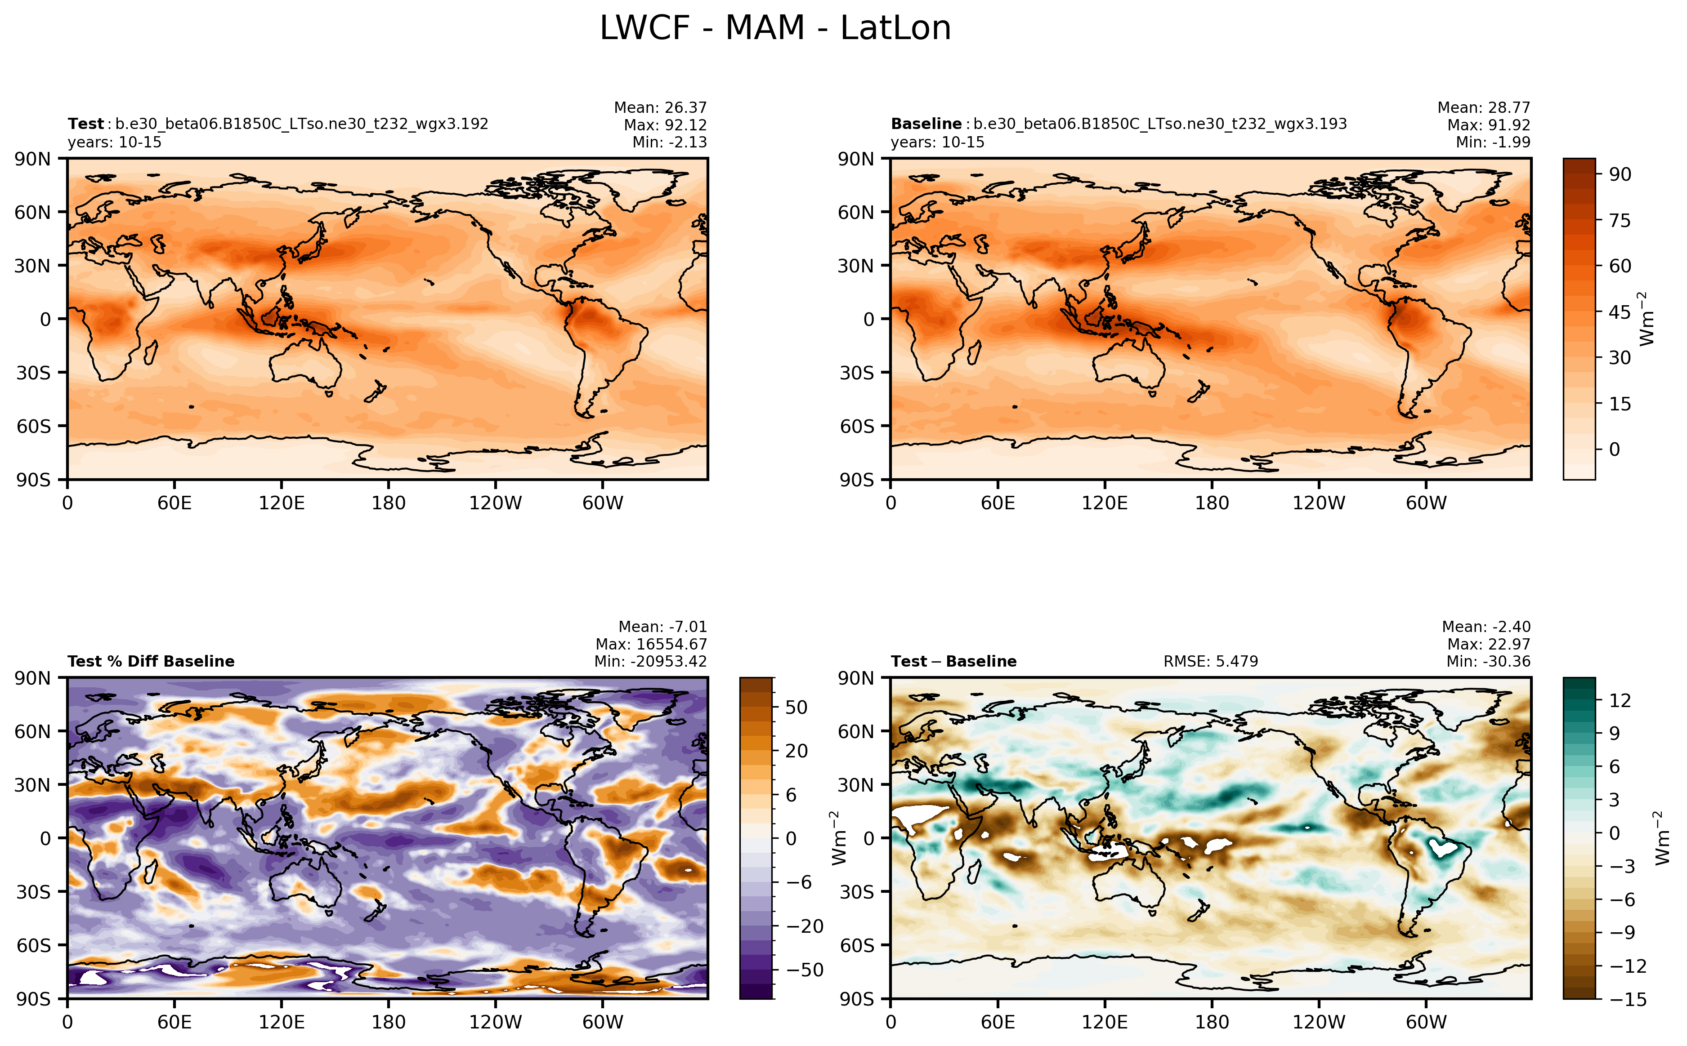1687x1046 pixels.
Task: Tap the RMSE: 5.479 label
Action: pyautogui.click(x=1210, y=661)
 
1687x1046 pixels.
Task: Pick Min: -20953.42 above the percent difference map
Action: pyautogui.click(x=650, y=661)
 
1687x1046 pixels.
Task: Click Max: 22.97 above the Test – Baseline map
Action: pyautogui.click(x=1488, y=644)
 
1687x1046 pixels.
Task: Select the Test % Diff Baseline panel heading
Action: pyautogui.click(x=151, y=661)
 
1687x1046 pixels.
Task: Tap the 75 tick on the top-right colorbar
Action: pyautogui.click(x=1619, y=221)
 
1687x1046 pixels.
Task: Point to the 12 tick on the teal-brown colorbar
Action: pyautogui.click(x=1619, y=701)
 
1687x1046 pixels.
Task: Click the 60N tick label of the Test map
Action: pyautogui.click(x=32, y=212)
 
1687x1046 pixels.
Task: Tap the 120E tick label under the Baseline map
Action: pyautogui.click(x=1105, y=503)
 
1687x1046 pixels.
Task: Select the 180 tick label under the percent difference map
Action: pyautogui.click(x=388, y=1022)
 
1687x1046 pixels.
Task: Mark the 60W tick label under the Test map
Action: pyautogui.click(x=602, y=503)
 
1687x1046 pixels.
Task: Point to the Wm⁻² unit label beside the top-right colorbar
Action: pyautogui.click(x=1647, y=319)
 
